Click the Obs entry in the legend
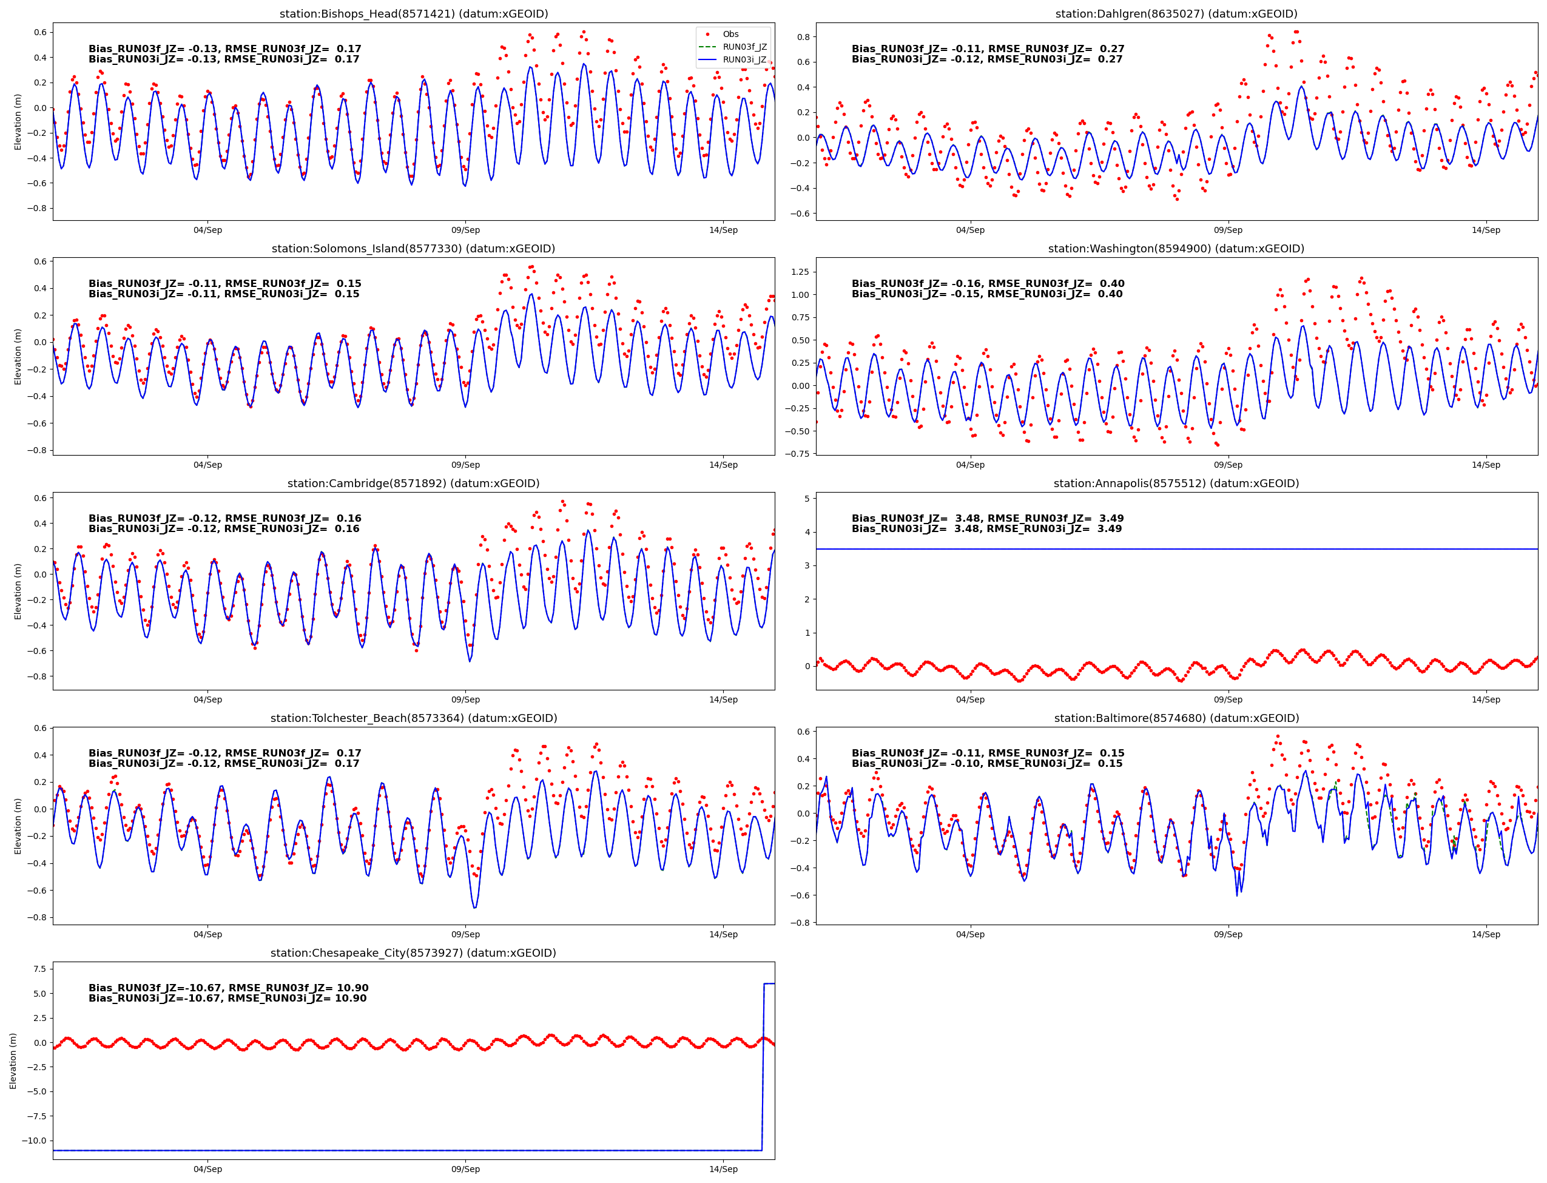[730, 34]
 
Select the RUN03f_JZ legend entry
[744, 47]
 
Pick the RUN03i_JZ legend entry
[744, 59]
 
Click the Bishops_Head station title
[413, 13]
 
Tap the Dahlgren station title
[1176, 13]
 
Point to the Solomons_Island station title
[413, 249]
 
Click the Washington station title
[1176, 249]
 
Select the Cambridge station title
[413, 483]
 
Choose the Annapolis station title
[1176, 483]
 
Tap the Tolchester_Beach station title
[413, 718]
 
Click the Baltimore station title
[1176, 718]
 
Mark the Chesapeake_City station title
[413, 952]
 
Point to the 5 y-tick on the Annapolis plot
[806, 499]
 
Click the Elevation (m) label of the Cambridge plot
[18, 591]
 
